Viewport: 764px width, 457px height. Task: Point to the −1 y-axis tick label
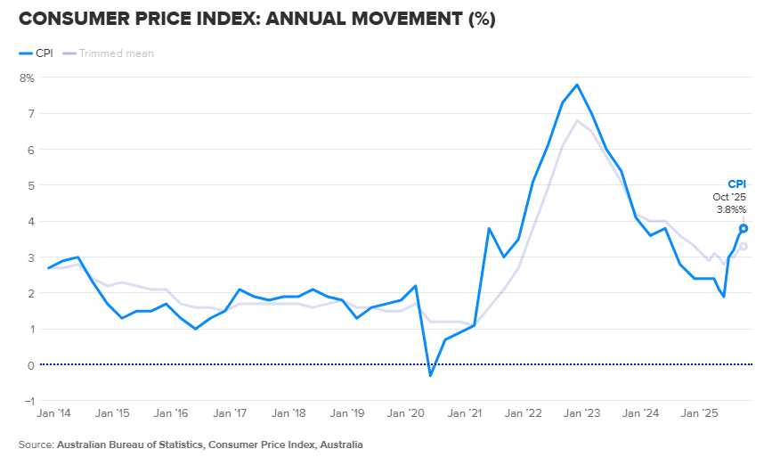coord(28,401)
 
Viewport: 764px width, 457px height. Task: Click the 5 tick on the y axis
coord(30,185)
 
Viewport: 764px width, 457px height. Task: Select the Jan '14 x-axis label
coord(53,414)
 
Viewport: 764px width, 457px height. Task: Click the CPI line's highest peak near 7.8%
coord(577,85)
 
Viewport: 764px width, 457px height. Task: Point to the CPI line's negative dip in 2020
coord(430,375)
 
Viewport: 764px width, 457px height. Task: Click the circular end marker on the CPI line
coord(744,228)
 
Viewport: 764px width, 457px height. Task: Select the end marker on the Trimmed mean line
coord(744,246)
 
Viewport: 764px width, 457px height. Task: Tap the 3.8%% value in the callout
coord(731,209)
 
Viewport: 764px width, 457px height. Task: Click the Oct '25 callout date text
coord(729,197)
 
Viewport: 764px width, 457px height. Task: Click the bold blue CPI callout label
coord(736,184)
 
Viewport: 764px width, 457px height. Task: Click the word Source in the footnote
coord(35,444)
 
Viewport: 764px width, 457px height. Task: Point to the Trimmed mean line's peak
coord(577,120)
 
